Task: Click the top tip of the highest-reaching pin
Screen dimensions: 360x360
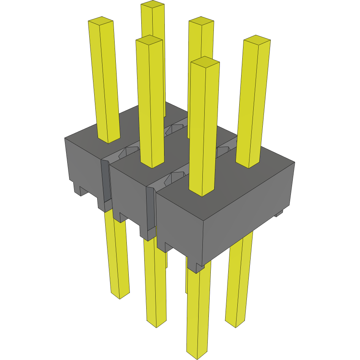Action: (x=153, y=5)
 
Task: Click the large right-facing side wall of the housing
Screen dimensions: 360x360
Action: (x=249, y=213)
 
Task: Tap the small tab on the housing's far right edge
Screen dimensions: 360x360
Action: (x=279, y=214)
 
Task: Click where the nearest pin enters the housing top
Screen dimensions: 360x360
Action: (x=201, y=193)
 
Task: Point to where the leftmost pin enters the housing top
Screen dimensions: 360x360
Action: (x=109, y=141)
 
